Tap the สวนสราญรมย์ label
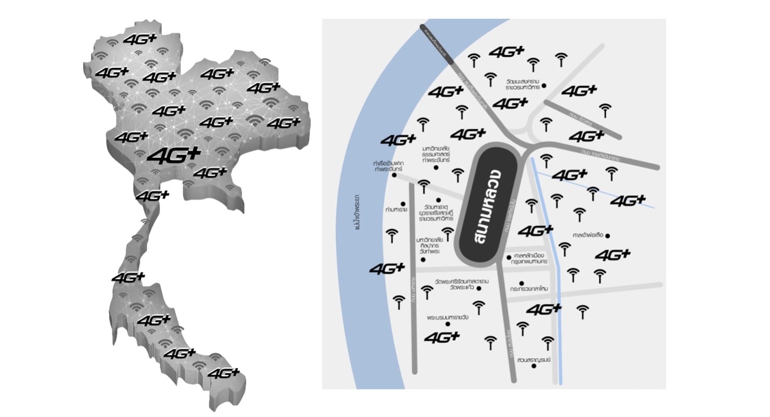coord(534,360)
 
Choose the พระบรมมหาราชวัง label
coord(447,317)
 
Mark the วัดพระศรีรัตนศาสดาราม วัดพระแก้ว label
coord(458,285)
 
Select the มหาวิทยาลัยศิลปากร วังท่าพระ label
coord(428,245)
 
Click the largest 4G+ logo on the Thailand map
coord(174,155)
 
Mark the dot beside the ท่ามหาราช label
coord(403,204)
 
